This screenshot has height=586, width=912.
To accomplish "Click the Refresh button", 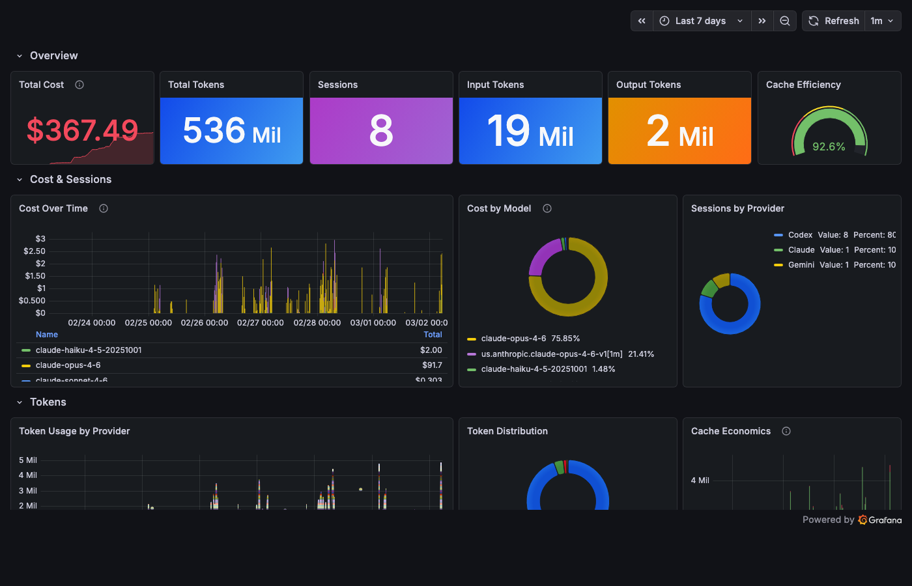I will (834, 21).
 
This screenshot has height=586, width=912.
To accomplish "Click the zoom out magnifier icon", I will (785, 21).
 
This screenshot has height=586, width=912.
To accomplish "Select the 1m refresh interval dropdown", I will (882, 21).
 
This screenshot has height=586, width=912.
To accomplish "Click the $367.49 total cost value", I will (82, 130).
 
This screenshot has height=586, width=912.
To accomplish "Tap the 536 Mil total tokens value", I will (231, 131).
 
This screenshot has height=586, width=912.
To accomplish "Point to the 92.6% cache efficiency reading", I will (829, 146).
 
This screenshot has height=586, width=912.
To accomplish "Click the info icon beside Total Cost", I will (79, 85).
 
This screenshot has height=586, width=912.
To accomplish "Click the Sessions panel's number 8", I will (381, 131).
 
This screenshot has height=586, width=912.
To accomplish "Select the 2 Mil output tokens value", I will (679, 131).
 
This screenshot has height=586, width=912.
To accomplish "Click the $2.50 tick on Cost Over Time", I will (35, 251).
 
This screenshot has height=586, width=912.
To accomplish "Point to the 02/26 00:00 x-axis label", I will (204, 323).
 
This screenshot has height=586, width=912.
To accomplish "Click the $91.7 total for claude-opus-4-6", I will (431, 365).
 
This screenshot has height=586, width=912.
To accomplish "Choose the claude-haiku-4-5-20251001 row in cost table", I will (89, 350).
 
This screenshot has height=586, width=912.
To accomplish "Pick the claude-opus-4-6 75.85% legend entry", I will (530, 339).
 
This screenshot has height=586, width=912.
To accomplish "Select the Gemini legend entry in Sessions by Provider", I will (801, 265).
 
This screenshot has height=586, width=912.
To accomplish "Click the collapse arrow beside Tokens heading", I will (20, 402).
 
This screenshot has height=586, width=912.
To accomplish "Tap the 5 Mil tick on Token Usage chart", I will (28, 460).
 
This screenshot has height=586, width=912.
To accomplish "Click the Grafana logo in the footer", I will (880, 520).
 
